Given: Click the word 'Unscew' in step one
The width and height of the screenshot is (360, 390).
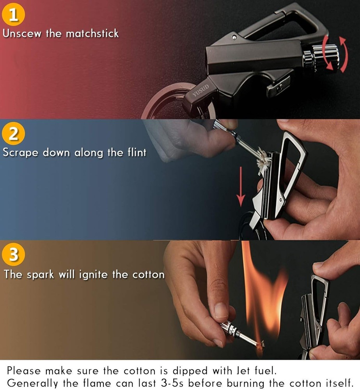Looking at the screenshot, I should coord(22,33).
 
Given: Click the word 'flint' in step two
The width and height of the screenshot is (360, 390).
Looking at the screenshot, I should coord(136,152).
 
